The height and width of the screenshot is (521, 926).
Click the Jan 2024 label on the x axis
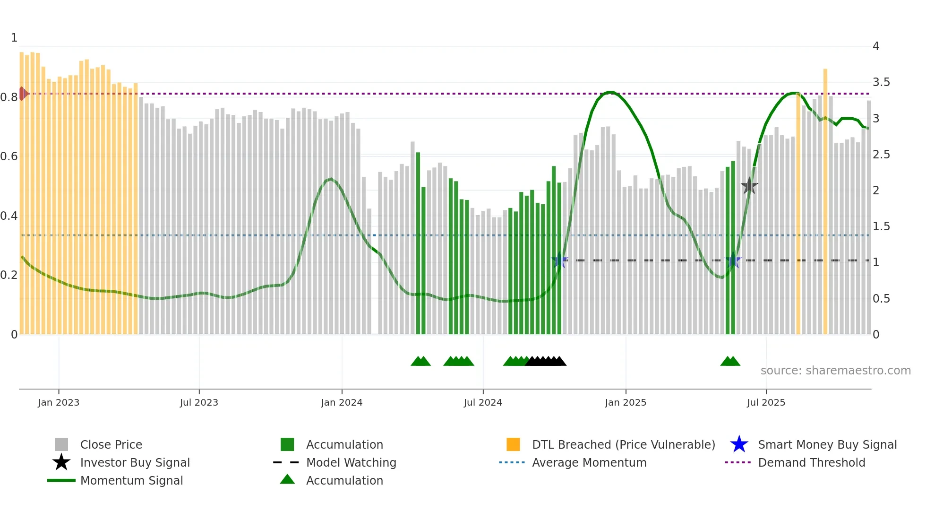coord(342,402)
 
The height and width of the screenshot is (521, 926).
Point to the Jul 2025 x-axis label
coord(766,402)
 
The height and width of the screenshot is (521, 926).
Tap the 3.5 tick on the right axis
coord(881,82)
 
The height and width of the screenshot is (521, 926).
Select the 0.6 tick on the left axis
coord(9,156)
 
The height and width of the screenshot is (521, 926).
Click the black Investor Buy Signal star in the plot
coord(749,186)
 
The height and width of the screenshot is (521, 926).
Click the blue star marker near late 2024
coord(559,260)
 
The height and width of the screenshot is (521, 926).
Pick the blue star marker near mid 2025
coord(733,260)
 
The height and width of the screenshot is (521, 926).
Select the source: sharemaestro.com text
coord(835,371)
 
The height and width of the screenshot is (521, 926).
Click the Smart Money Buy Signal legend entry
coord(827,444)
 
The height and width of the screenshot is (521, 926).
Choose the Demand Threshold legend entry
coord(811,462)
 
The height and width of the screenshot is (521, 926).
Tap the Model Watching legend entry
coord(351,462)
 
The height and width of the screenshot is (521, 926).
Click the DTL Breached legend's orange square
coord(513,444)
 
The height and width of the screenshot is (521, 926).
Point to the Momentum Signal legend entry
coord(131,480)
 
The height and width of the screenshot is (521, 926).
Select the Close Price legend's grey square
coord(61,444)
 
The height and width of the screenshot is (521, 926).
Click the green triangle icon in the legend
coord(287,479)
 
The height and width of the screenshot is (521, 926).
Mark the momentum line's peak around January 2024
coord(331,179)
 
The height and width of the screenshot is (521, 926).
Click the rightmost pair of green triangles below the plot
coord(730,361)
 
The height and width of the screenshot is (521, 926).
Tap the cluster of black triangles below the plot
coord(546,361)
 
